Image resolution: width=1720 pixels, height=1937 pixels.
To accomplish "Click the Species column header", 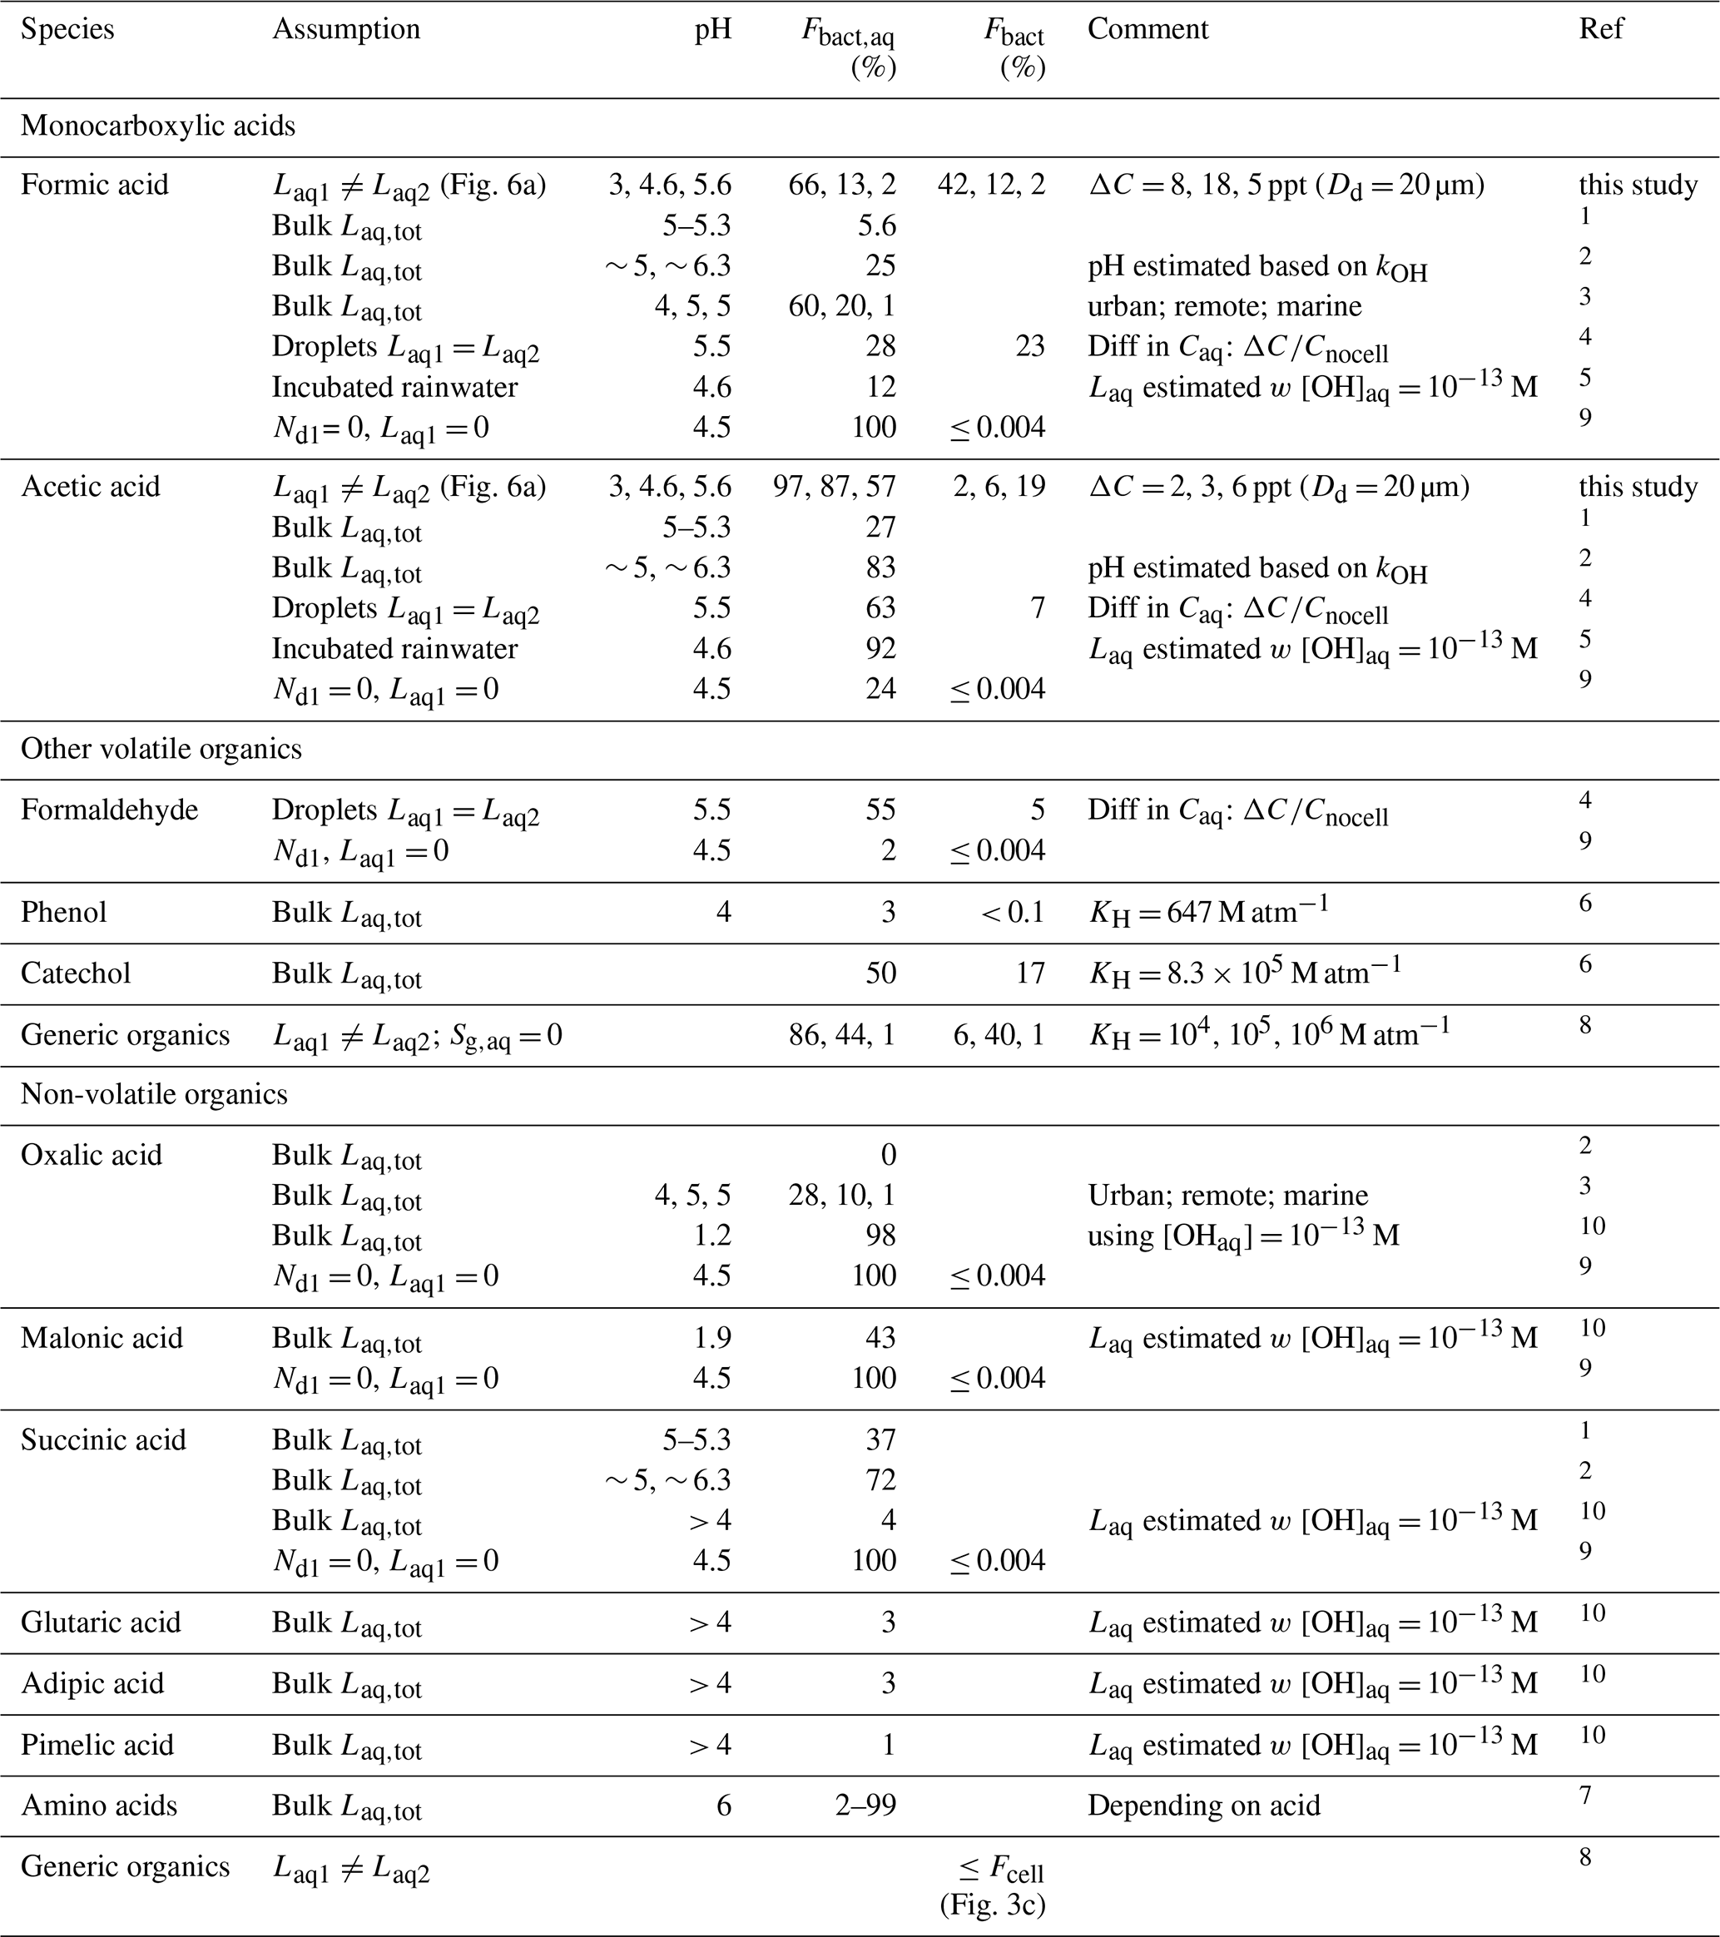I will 67,29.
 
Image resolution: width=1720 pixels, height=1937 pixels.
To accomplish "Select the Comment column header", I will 1147,29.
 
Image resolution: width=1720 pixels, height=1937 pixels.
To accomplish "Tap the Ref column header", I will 1601,29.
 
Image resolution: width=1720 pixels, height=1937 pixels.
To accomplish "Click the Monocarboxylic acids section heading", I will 158,126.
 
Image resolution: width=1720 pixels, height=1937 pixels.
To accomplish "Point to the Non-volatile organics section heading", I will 155,1094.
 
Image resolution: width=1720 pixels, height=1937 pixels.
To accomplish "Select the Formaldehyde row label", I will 109,810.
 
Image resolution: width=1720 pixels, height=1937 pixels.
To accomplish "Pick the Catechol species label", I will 76,973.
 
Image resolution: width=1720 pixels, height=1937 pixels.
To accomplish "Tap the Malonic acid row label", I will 102,1338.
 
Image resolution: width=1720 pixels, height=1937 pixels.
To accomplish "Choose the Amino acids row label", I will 98,1806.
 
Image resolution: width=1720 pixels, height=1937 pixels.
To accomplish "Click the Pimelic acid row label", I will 97,1745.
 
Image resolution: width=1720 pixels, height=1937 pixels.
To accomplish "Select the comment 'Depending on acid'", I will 1203,1806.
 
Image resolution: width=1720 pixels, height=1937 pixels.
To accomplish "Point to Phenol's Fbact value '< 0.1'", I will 1013,913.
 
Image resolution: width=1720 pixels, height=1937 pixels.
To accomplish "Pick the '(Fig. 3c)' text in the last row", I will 992,1905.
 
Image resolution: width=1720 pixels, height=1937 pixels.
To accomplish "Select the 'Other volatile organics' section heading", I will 161,750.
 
